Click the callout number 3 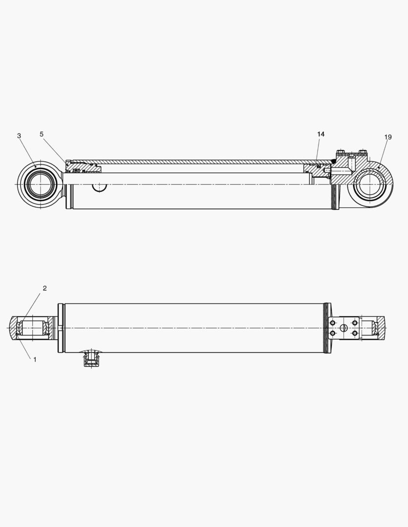click(x=19, y=136)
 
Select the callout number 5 click(x=42, y=134)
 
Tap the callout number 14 click(x=321, y=134)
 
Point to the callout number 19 click(x=388, y=137)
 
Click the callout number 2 click(x=44, y=288)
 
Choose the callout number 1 click(x=35, y=359)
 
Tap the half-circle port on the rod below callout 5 click(x=100, y=187)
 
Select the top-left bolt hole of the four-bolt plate click(x=333, y=323)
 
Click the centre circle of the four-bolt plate click(x=344, y=327)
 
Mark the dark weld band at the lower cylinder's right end click(x=326, y=328)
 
